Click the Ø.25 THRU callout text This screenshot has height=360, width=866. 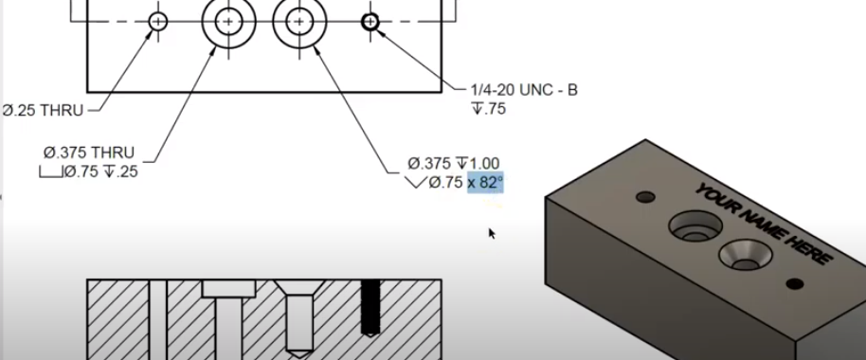[x=43, y=111]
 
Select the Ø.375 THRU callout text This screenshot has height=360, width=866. [x=88, y=152]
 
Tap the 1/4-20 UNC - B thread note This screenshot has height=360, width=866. [x=524, y=89]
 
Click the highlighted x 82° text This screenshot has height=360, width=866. [x=485, y=182]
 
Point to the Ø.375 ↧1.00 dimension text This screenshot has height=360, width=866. [x=454, y=164]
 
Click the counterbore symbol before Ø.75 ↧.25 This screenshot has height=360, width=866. [x=51, y=172]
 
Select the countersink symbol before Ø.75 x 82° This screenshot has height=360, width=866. [x=415, y=182]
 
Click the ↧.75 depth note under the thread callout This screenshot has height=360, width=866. [x=489, y=109]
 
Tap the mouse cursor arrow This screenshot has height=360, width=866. [x=492, y=234]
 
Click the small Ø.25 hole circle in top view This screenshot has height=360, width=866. [x=158, y=22]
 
